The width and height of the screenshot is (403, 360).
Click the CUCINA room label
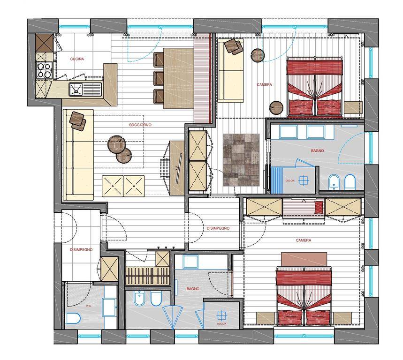pyautogui.click(x=77, y=59)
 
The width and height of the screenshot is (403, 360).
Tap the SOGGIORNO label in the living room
pyautogui.click(x=140, y=125)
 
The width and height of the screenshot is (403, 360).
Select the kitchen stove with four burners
pyautogui.click(x=44, y=70)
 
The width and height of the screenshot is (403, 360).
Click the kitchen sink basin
pyautogui.click(x=76, y=89)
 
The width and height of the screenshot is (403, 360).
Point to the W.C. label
pyautogui.click(x=89, y=306)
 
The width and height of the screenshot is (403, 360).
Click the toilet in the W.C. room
pyautogui.click(x=73, y=319)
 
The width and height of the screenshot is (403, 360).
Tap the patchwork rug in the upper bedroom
pyautogui.click(x=241, y=160)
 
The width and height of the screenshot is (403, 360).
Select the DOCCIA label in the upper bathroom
pyautogui.click(x=290, y=181)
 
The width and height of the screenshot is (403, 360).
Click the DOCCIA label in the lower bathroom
pyautogui.click(x=221, y=324)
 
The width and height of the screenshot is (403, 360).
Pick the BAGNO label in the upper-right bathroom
pyautogui.click(x=318, y=151)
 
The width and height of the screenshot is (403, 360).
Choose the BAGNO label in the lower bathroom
pyautogui.click(x=193, y=289)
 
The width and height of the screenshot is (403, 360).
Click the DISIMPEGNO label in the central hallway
pyautogui.click(x=218, y=228)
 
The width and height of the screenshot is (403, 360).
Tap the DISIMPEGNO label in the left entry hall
pyautogui.click(x=81, y=249)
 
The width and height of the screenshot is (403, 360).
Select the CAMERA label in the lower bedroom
pyautogui.click(x=303, y=240)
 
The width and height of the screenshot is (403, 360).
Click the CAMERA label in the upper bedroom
pyautogui.click(x=264, y=84)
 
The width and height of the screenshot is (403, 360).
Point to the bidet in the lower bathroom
pyautogui.click(x=139, y=298)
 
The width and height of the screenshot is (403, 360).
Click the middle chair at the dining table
pyautogui.click(x=159, y=78)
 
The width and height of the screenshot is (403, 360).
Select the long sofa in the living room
pyautogui.click(x=78, y=155)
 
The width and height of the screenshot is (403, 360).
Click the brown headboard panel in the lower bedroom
pyautogui.click(x=304, y=259)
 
